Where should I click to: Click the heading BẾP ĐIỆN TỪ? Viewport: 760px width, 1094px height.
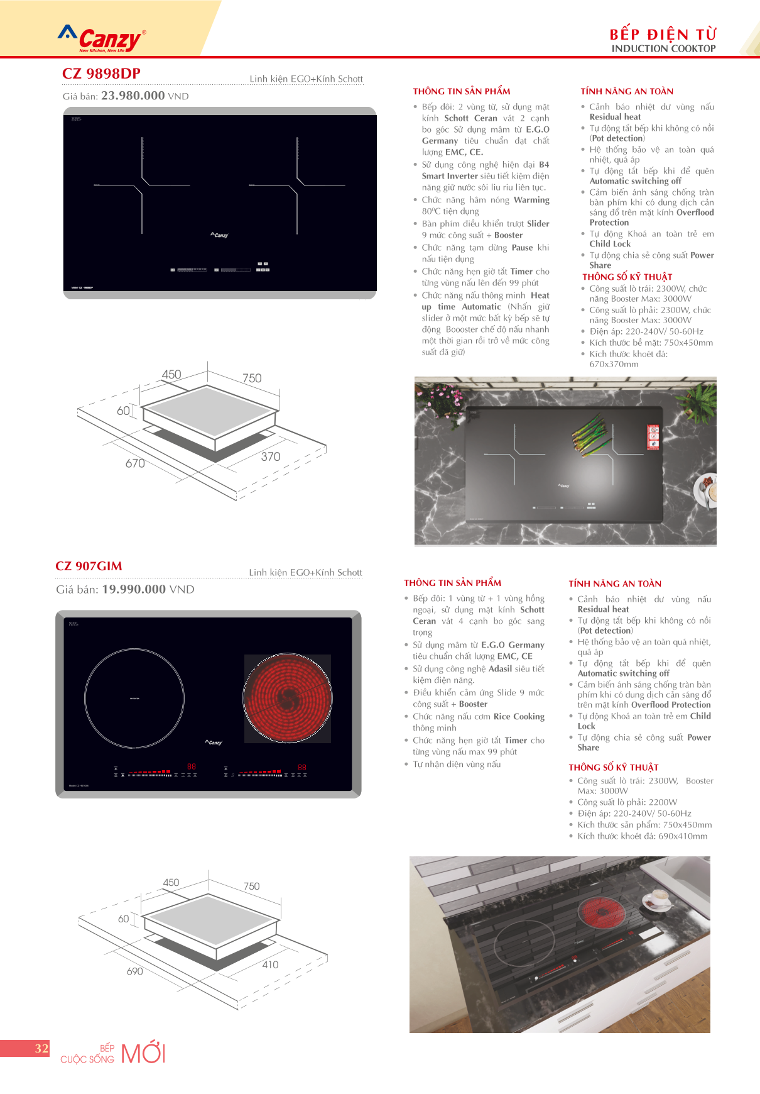point(663,34)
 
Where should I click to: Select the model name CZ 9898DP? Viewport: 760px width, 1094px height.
point(101,74)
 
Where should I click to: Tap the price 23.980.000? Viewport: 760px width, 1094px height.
point(133,96)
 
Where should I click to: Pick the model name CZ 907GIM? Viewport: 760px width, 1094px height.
point(89,566)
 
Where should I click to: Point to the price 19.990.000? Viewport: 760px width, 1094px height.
point(134,589)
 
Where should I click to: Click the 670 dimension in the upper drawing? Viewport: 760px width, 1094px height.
point(135,463)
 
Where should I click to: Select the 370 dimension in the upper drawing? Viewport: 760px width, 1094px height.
point(271,456)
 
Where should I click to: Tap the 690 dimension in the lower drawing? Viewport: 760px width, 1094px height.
point(135,971)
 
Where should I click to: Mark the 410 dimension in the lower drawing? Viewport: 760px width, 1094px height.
point(270,964)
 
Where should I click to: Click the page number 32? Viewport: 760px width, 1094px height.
point(41,1048)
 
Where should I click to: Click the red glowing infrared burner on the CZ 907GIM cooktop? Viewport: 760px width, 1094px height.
point(288,698)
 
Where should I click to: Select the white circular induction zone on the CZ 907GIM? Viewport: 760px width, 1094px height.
point(134,698)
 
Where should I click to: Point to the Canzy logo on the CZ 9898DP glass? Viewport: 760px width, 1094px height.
point(220,235)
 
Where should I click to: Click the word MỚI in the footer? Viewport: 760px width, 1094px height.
point(143,1053)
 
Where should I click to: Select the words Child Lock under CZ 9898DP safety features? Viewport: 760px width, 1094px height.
point(610,244)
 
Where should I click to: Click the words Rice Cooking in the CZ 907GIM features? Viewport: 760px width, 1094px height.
point(519,717)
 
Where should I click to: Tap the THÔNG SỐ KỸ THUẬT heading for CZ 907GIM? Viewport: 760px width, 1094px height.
point(613,767)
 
